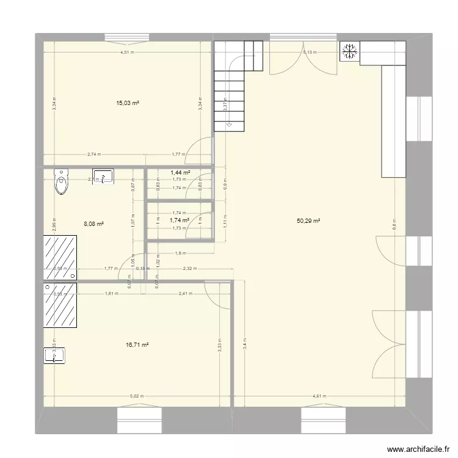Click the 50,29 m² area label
308,221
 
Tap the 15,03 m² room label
128,103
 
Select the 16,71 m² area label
137,345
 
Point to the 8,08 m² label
93,224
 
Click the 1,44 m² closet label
180,173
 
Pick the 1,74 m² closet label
178,220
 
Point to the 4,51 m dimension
127,53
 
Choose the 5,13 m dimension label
311,53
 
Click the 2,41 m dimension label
185,294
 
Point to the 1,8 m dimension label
181,253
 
